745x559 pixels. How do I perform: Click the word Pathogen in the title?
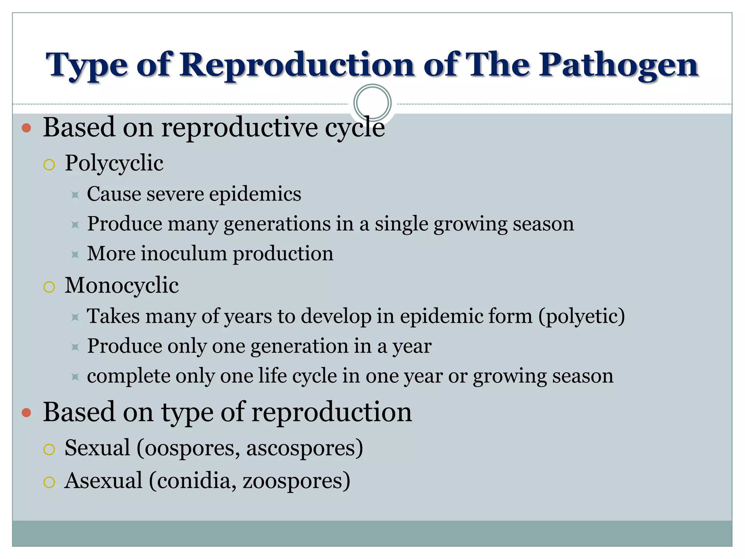pos(618,66)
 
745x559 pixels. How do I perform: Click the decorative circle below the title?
pos(372,103)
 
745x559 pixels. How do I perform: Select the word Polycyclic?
pos(114,163)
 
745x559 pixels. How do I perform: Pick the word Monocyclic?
pos(121,285)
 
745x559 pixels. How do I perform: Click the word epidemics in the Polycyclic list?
pos(255,194)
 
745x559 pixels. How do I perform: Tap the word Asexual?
pos(104,480)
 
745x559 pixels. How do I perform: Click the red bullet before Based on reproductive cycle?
pos(26,128)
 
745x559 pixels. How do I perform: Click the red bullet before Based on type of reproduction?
pos(26,412)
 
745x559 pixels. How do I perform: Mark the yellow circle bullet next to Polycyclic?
pos(49,165)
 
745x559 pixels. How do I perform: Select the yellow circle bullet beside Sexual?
pos(49,449)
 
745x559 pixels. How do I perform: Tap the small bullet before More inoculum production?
pos(75,254)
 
